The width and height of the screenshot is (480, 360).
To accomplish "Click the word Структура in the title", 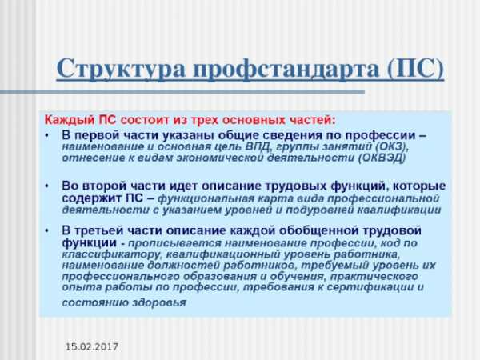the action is pos(121,68).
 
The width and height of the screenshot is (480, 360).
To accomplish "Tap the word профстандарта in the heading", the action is pos(286,68).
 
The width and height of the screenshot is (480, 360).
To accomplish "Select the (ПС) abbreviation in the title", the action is pos(415,68).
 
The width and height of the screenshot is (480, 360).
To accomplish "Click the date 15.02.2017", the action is pos(92,347).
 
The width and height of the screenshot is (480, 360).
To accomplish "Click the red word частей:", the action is pos(313,119).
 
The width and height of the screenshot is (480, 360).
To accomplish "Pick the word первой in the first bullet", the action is pos(97,135).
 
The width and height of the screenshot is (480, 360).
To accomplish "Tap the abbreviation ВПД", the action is pos(258,147).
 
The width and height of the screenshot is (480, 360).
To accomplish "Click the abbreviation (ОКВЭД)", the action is pos(382,158).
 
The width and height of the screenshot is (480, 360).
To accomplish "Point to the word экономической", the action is pos(220,158).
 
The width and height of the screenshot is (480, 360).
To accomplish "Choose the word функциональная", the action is pos(206,198).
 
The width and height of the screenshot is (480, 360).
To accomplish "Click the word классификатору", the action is pos(111,254).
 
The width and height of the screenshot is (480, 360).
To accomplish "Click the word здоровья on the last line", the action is pos(159,302).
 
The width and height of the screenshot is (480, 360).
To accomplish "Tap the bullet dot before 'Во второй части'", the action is pos(46,186).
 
